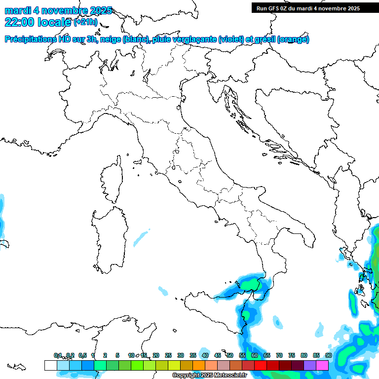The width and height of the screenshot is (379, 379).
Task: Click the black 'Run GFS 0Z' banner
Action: tap(315, 8)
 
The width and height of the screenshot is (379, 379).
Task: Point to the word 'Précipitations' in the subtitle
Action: tap(30, 39)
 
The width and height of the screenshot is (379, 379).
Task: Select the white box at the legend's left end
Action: tap(50, 365)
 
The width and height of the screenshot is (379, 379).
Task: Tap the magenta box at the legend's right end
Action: tap(322, 365)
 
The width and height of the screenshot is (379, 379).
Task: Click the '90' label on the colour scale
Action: tap(329, 355)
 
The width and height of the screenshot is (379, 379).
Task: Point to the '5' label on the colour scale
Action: tap(117, 355)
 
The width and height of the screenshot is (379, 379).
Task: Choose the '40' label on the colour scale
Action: tap(205, 355)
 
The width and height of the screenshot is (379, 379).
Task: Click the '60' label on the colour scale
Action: tap(255, 355)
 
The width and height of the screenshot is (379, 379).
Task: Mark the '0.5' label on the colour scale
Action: tap(82, 355)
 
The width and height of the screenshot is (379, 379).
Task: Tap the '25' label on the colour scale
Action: tap(168, 355)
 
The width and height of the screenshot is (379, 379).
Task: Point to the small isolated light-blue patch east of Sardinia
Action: tap(141, 238)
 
